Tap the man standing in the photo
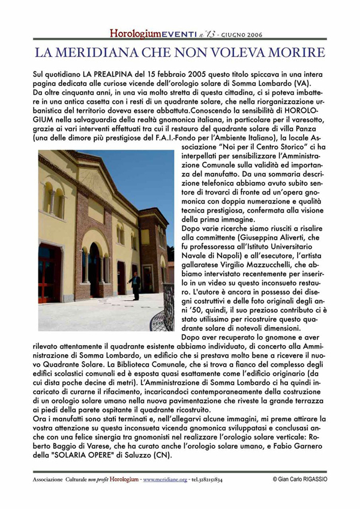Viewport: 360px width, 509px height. point(136,286)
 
